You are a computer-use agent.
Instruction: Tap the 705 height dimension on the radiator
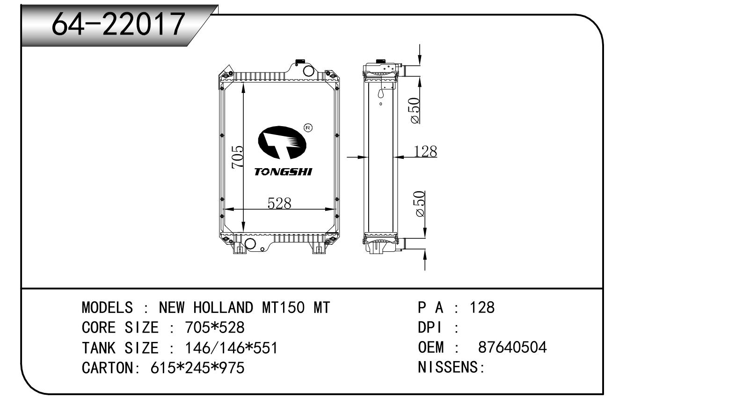click(238, 157)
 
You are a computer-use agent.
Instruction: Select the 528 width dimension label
click(279, 203)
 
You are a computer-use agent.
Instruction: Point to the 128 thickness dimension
click(425, 151)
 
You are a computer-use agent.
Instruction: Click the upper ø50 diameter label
click(415, 110)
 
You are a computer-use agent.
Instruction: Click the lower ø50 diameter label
click(420, 204)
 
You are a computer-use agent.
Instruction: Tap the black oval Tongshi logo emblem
click(282, 143)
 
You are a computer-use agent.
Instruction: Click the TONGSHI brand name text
click(283, 172)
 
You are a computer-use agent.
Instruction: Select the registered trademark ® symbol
click(308, 128)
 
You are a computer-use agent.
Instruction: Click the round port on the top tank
click(308, 71)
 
